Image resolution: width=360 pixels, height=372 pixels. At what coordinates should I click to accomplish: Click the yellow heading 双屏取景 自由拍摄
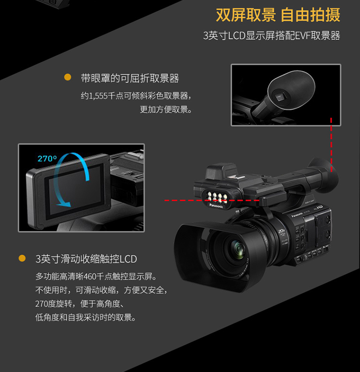[x=278, y=15]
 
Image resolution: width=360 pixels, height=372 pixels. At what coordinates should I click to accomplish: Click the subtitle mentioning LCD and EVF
[x=272, y=36]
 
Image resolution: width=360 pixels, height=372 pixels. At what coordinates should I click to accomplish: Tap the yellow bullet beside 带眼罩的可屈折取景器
[x=68, y=77]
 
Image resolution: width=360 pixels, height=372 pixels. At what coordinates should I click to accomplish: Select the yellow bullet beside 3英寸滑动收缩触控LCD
[x=22, y=258]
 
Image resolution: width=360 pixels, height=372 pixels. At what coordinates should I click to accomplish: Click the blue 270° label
[x=48, y=159]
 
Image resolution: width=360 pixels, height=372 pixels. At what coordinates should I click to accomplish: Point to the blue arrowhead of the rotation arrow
[x=64, y=204]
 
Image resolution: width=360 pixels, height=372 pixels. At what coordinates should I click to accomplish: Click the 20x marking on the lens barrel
[x=282, y=231]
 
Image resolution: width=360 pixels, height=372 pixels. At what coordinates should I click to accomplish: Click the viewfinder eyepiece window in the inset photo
[x=279, y=96]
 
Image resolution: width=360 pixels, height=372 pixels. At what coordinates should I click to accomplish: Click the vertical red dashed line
[x=331, y=145]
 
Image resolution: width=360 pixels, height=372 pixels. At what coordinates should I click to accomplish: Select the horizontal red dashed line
[x=212, y=200]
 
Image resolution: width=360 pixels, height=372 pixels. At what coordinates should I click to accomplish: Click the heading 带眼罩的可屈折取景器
[x=130, y=78]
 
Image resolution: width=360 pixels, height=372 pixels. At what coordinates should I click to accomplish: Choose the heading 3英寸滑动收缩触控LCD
[x=86, y=259]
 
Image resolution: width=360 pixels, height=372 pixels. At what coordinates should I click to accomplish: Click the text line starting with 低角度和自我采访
[x=85, y=317]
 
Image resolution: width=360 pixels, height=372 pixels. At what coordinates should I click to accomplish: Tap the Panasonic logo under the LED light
[x=216, y=206]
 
